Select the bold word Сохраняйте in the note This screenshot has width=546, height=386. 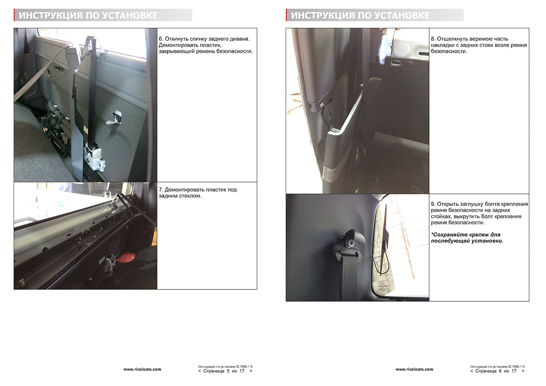click(447, 235)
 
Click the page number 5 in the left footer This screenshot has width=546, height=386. click(228, 371)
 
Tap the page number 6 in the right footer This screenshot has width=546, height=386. click(500, 371)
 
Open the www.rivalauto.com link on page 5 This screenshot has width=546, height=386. click(142, 370)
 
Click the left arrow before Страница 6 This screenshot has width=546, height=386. click(471, 371)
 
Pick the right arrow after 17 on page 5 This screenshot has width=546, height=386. click(251, 371)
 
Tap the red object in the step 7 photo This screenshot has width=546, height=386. click(126, 258)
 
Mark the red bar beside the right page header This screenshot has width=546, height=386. click(287, 15)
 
